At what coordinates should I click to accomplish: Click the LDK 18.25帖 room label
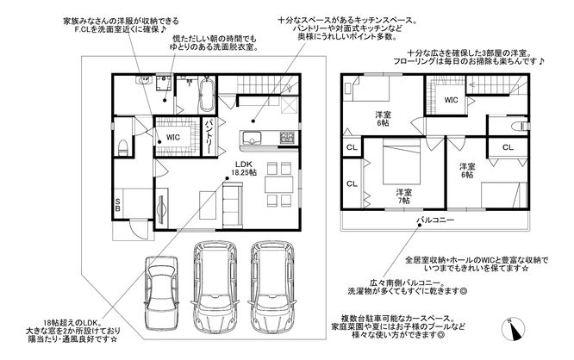243,168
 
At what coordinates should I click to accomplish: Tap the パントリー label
209,137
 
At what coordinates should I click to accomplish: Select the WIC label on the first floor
172,137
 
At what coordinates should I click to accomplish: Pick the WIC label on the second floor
451,100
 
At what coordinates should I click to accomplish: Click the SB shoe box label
118,204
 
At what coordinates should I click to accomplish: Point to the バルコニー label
435,220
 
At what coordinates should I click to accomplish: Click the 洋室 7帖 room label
403,196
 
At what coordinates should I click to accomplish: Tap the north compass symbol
513,328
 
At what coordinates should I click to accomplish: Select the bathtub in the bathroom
206,94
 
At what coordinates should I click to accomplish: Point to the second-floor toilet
519,126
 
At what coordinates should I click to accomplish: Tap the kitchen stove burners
287,137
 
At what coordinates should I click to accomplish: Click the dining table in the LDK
279,184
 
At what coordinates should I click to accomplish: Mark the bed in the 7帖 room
402,164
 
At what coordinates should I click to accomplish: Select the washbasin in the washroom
144,80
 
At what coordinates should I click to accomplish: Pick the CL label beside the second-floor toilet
508,147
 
